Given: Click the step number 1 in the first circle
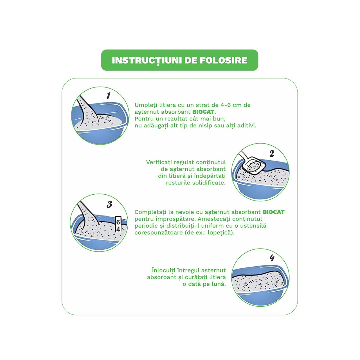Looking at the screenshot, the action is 108,95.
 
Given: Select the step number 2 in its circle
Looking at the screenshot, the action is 272,153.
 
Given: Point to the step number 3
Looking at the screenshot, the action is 109,204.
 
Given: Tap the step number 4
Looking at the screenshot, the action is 272,258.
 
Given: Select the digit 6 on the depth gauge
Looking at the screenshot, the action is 118,222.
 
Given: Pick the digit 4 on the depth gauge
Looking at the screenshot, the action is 118,229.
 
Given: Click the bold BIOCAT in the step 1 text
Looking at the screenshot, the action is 203,112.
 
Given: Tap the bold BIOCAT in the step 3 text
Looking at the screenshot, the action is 273,212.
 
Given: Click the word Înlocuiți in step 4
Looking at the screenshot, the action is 164,270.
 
